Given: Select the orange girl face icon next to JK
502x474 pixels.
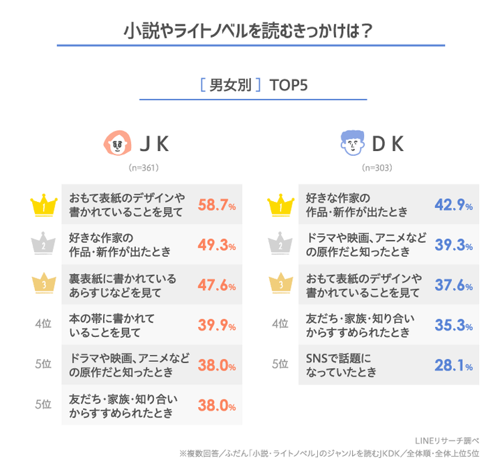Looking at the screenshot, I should [x=116, y=144].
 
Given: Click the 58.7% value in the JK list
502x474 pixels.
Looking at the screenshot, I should [x=217, y=205].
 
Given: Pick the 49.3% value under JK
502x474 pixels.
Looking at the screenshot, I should [x=217, y=245].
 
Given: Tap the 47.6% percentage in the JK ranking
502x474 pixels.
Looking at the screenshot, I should [x=217, y=285].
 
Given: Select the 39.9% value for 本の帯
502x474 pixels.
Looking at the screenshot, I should [x=217, y=325].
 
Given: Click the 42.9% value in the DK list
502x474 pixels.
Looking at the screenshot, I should [x=454, y=205].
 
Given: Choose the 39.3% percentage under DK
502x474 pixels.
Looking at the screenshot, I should [x=454, y=245].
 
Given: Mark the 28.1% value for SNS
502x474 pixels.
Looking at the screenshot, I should [x=454, y=365].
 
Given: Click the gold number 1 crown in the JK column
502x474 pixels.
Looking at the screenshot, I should [x=43, y=205].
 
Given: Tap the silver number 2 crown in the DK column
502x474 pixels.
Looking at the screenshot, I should [x=280, y=245].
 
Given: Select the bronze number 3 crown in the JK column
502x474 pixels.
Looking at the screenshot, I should [x=43, y=285].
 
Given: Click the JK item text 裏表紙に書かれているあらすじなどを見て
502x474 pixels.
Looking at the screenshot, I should [x=122, y=285].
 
